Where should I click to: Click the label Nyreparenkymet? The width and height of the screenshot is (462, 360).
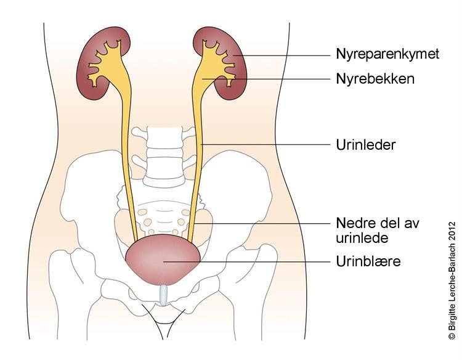(x=387, y=54)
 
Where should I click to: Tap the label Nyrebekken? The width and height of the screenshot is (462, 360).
(x=375, y=79)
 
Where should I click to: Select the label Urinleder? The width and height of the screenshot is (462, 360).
(x=365, y=145)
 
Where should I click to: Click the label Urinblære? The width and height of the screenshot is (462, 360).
(x=368, y=261)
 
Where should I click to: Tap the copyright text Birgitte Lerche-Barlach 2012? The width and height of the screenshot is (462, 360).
(x=452, y=280)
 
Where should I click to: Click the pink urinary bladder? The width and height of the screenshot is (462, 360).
(x=163, y=259)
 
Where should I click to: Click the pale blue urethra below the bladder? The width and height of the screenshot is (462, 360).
(x=163, y=295)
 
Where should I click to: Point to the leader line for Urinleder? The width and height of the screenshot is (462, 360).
(x=265, y=144)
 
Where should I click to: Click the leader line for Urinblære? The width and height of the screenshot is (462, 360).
(x=247, y=261)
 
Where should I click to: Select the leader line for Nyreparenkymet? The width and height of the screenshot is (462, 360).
(x=282, y=55)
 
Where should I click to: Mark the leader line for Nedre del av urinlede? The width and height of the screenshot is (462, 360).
(x=262, y=224)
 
